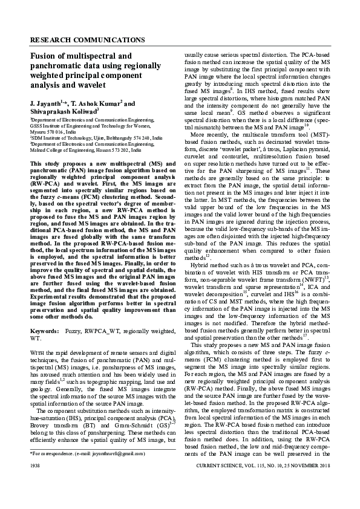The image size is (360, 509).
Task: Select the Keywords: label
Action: tap(44, 332)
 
